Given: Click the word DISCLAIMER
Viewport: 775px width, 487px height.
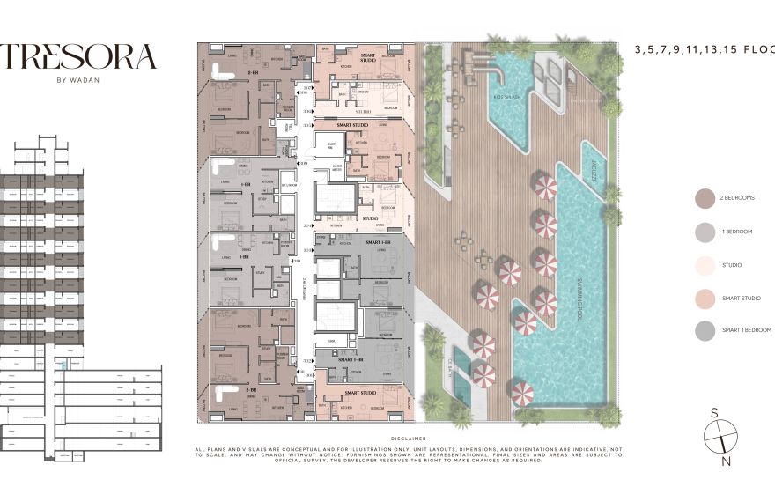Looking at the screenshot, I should coord(408,438).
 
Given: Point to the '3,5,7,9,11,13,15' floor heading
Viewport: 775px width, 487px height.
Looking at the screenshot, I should coord(704,50).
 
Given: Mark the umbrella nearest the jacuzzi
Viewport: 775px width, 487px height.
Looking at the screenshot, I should coord(546,187).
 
